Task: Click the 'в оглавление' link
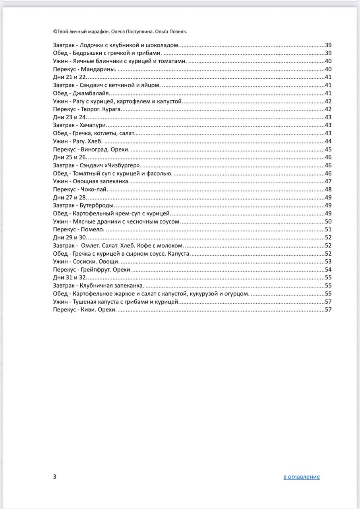pyautogui.click(x=301, y=477)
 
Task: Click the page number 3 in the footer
pyautogui.click(x=54, y=477)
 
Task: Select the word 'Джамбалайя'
pyautogui.click(x=91, y=93)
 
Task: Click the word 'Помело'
pyautogui.click(x=92, y=229)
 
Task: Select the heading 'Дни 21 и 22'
pyautogui.click(x=70, y=77)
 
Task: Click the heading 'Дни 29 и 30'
pyautogui.click(x=70, y=237)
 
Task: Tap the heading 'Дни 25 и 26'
pyautogui.click(x=70, y=157)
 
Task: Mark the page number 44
pyautogui.click(x=328, y=141)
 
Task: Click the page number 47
pyautogui.click(x=328, y=181)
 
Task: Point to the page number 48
pyautogui.click(x=328, y=189)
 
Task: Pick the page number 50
pyautogui.click(x=328, y=221)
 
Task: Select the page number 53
pyautogui.click(x=328, y=261)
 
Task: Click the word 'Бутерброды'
pyautogui.click(x=97, y=205)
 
